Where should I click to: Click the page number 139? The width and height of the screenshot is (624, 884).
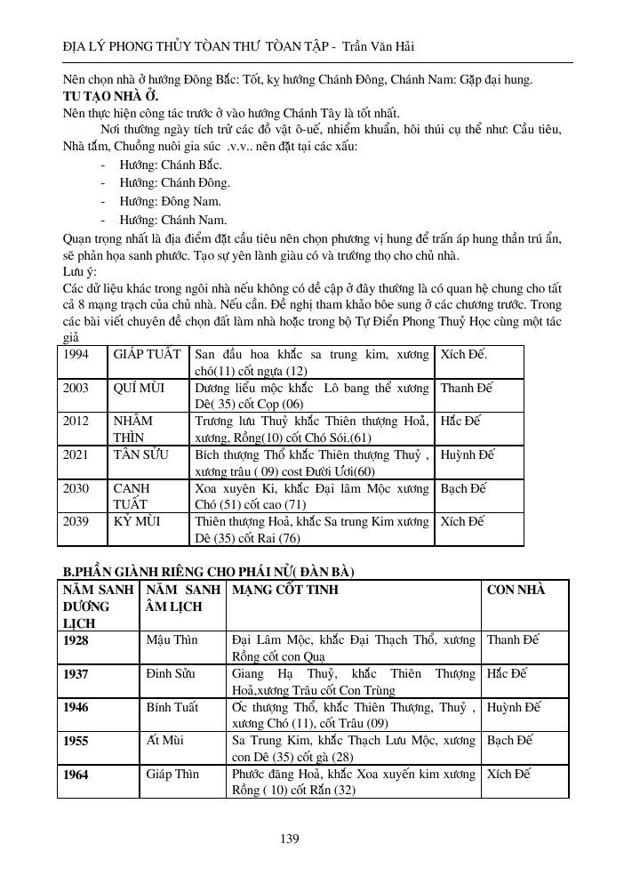tap(290, 838)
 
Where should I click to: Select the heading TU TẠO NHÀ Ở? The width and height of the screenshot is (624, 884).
tap(111, 95)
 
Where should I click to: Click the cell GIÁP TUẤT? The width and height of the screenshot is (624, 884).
tap(148, 353)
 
